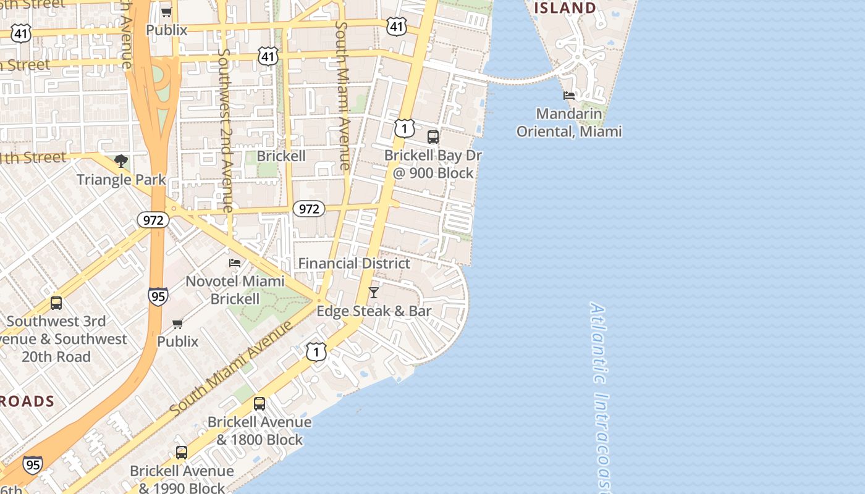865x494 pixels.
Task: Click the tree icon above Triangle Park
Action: click(x=121, y=161)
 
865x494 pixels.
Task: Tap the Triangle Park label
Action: click(x=121, y=180)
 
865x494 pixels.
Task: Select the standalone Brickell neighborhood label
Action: click(x=281, y=156)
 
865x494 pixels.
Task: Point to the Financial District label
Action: click(x=354, y=263)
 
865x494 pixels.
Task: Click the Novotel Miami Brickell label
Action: click(x=235, y=290)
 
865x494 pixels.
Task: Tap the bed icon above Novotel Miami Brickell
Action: click(x=235, y=262)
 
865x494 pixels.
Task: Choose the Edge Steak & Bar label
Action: click(x=374, y=311)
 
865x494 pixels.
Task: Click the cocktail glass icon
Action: click(x=374, y=292)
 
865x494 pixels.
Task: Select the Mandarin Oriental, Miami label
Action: click(x=569, y=122)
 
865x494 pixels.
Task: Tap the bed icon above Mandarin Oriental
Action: click(x=569, y=95)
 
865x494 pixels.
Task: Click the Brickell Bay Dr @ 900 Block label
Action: click(x=433, y=164)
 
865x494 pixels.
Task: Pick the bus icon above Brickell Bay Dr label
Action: click(x=433, y=136)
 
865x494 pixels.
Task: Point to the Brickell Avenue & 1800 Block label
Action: click(x=259, y=430)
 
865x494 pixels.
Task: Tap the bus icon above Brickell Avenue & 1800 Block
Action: click(x=259, y=404)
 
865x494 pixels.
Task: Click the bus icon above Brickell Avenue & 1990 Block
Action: click(x=182, y=452)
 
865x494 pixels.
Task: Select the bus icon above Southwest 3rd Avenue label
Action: click(x=56, y=303)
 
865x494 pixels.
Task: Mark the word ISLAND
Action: click(x=565, y=8)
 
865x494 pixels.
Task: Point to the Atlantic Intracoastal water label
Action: click(x=601, y=395)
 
